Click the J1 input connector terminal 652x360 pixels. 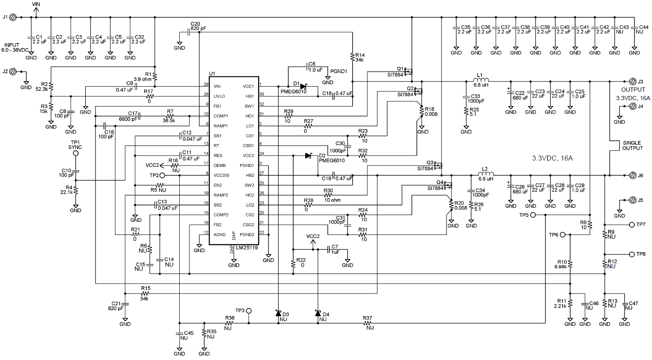[13, 17]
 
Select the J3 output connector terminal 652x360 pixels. [633, 82]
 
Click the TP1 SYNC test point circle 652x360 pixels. [76, 153]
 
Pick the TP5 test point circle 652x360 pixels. [533, 215]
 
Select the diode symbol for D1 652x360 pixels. [303, 87]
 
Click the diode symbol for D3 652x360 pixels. [278, 314]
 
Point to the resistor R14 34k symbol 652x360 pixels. [352, 56]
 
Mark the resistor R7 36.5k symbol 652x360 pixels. [170, 116]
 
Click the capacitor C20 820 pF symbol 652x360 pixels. [189, 32]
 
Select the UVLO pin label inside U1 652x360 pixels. [219, 96]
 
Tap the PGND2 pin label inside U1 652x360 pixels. [247, 235]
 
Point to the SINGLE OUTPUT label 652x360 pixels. [632, 145]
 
